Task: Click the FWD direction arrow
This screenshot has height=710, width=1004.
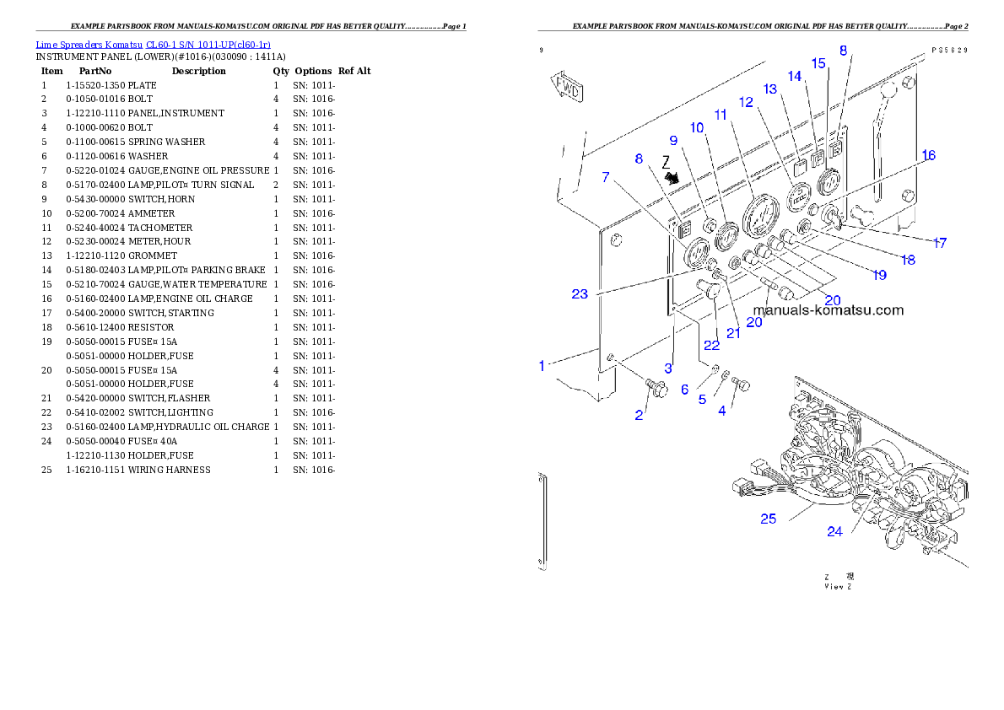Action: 569,87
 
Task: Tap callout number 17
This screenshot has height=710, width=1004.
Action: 939,243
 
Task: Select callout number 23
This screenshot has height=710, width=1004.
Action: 579,294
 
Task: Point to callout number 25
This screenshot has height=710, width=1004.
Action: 768,519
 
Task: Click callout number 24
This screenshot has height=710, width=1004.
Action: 834,531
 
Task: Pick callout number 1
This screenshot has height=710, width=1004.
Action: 543,365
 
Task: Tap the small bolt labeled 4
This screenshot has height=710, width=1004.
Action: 743,384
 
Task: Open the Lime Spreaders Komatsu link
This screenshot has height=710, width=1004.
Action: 153,45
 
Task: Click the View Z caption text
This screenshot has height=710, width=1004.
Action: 838,582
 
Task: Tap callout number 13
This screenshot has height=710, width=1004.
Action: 769,89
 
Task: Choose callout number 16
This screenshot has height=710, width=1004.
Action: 928,156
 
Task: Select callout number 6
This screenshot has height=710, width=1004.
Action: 684,389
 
